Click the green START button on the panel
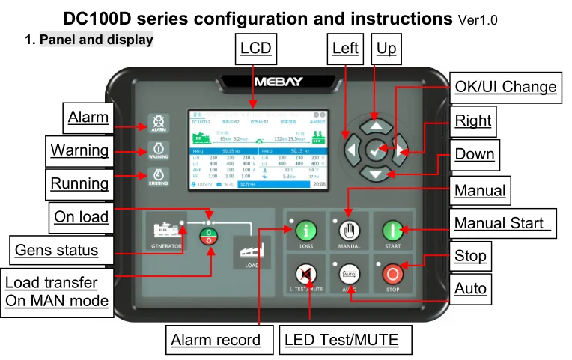(x=393, y=231)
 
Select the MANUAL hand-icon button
(x=350, y=231)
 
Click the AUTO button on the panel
(x=350, y=274)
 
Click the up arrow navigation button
(x=377, y=126)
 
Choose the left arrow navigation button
(x=352, y=150)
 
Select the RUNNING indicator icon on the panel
(x=159, y=177)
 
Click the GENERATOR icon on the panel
(x=167, y=231)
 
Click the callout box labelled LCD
(x=255, y=49)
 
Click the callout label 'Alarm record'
(x=216, y=340)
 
